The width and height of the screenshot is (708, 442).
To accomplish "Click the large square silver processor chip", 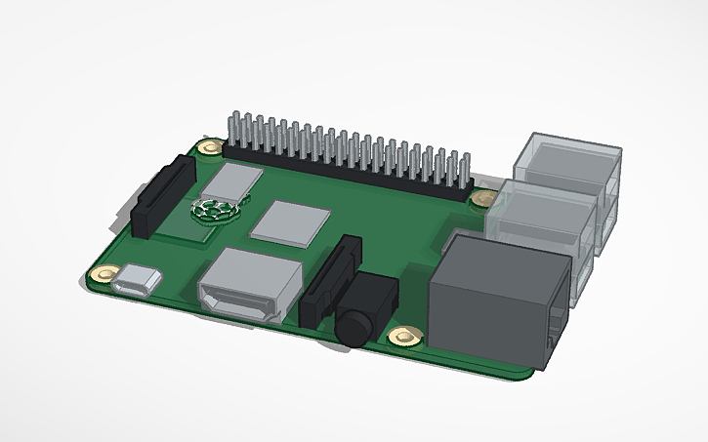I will point(289,222).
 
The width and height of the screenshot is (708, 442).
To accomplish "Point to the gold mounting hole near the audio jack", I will point(402,338).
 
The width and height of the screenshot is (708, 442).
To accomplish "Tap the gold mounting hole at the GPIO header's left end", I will point(209,148).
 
